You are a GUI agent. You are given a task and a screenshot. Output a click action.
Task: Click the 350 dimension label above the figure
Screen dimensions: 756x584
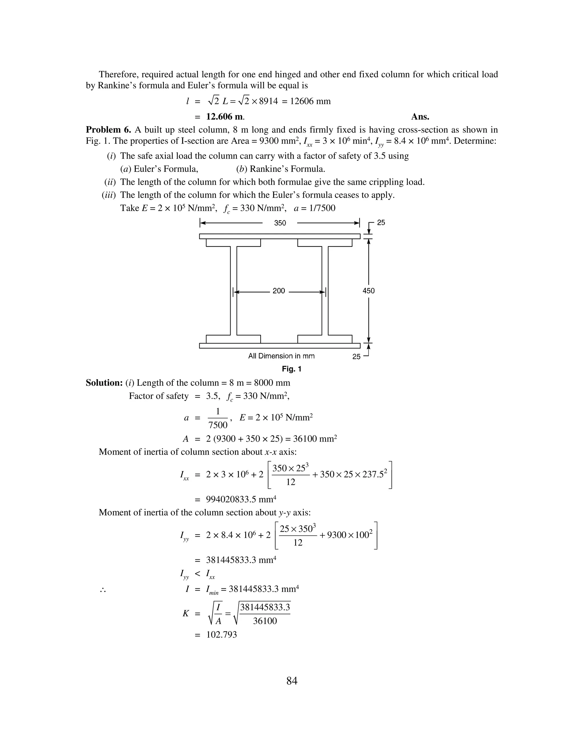click(280, 223)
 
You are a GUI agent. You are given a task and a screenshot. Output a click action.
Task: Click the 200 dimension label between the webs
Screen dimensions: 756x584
click(279, 291)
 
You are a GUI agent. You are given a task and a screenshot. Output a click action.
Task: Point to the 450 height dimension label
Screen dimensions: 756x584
click(368, 291)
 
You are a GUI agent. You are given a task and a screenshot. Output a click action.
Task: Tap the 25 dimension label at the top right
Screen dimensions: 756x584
click(381, 223)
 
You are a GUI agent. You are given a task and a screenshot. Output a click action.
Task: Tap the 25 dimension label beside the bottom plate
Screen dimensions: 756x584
click(356, 357)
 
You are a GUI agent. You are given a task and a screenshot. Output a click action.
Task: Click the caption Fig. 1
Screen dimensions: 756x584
click(292, 369)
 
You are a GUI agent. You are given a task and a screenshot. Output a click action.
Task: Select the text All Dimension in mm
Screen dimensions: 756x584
click(281, 356)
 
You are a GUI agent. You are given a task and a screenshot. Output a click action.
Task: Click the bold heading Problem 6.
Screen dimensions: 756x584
click(108, 130)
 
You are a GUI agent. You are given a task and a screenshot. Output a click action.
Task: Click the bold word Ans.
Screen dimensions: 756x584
click(420, 117)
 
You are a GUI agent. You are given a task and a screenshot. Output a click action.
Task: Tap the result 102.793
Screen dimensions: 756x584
click(221, 635)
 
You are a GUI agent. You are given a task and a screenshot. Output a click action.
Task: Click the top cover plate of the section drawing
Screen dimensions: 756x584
click(279, 236)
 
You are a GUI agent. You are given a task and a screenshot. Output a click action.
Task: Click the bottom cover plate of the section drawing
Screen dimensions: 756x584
click(279, 346)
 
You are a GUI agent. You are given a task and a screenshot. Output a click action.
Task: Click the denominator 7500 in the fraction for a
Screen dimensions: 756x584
click(218, 425)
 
